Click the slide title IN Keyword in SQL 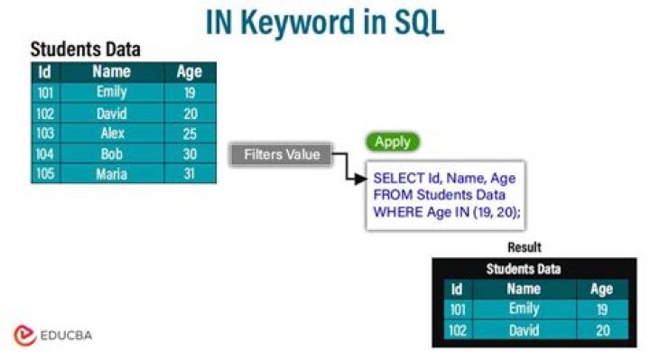click(x=325, y=22)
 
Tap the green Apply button click(x=393, y=142)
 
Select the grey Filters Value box click(x=282, y=154)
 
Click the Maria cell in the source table click(x=111, y=174)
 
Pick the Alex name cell click(x=111, y=134)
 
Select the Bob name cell click(x=111, y=153)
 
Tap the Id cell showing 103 click(x=44, y=134)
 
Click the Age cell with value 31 click(x=189, y=174)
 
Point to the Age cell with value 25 click(x=189, y=134)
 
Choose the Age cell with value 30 click(x=189, y=153)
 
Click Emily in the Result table click(x=524, y=309)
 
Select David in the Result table click(x=524, y=330)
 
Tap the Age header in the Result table click(x=601, y=289)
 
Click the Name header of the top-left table click(x=111, y=71)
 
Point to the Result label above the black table click(x=524, y=246)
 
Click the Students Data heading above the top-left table click(x=86, y=50)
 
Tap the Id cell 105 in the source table click(x=44, y=174)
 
